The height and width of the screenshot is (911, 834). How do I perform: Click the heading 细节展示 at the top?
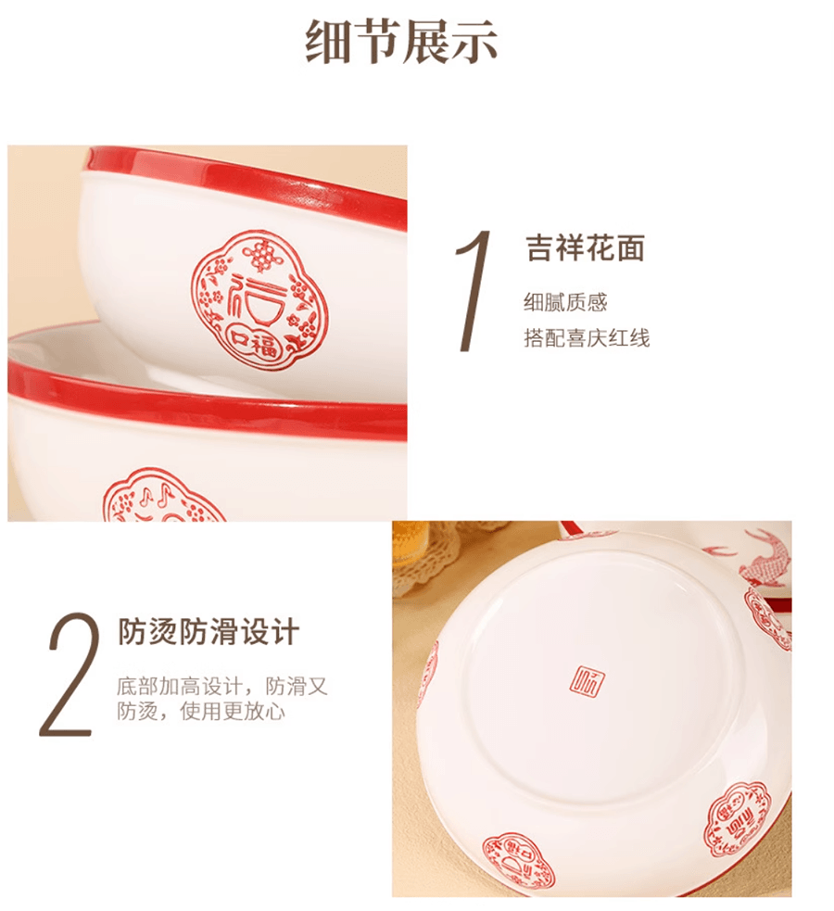click(x=401, y=41)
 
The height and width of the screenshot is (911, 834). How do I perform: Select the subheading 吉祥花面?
click(x=585, y=248)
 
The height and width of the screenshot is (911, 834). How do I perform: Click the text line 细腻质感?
click(x=565, y=302)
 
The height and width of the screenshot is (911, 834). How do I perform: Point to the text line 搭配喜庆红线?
click(x=587, y=337)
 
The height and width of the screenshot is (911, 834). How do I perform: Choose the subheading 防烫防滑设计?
click(x=209, y=633)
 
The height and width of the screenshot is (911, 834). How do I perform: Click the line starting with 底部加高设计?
click(x=222, y=687)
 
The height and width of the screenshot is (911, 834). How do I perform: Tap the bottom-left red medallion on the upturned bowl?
click(x=516, y=860)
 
